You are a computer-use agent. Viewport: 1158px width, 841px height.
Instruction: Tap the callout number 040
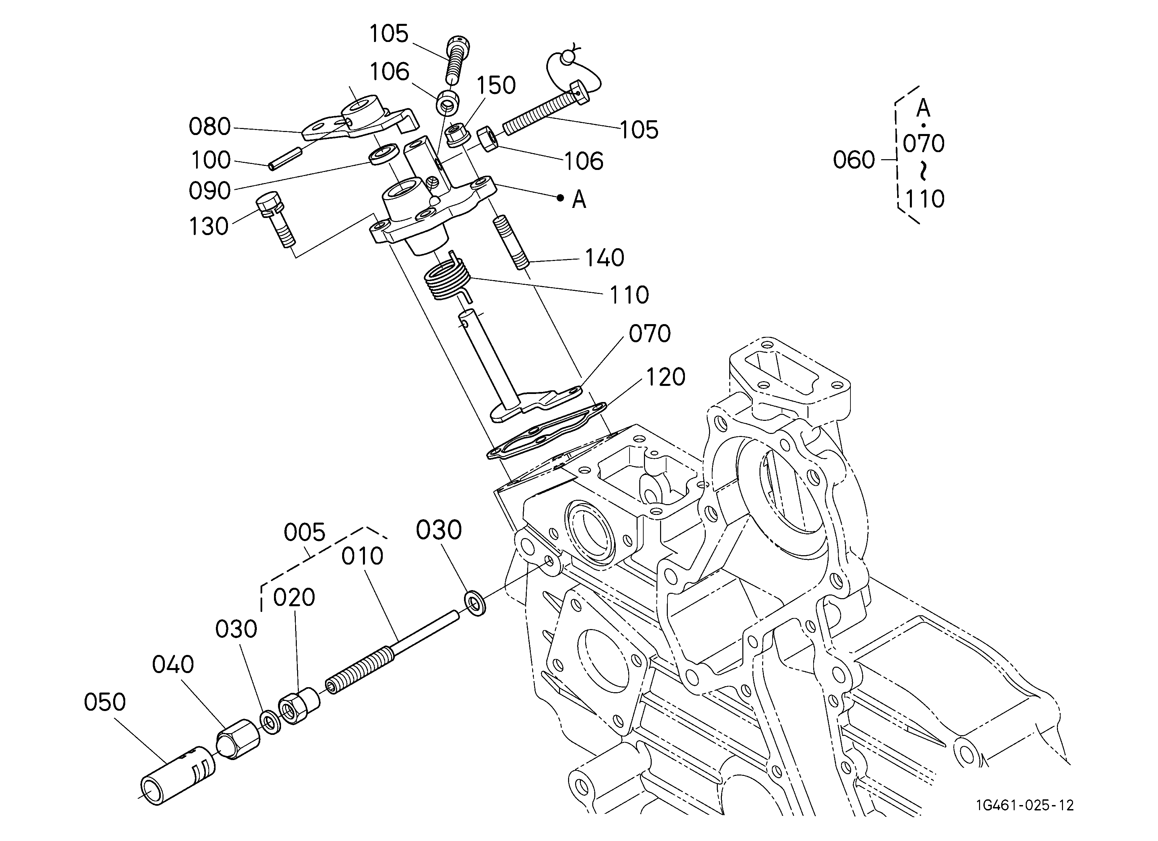coord(173,665)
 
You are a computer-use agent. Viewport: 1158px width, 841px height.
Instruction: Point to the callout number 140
coord(605,258)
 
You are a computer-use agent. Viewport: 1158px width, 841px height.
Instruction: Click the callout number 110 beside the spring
coord(630,295)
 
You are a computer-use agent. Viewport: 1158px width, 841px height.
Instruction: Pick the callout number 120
coord(666,378)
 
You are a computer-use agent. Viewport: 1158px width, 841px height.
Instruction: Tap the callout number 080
coord(210,126)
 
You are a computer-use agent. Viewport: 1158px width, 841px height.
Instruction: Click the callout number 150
coord(496,85)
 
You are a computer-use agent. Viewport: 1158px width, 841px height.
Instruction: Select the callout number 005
coord(305,533)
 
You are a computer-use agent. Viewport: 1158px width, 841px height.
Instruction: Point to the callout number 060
coord(854,160)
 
